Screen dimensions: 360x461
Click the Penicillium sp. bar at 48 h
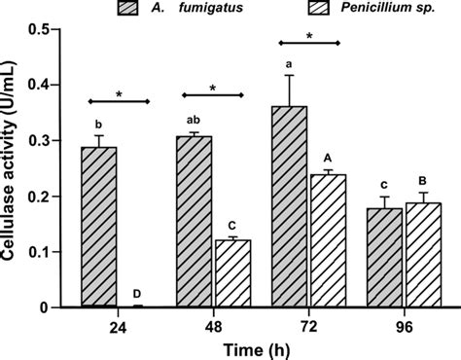[232, 273]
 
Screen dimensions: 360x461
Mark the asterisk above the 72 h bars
[308, 35]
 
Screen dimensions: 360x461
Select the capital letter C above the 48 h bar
[232, 226]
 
